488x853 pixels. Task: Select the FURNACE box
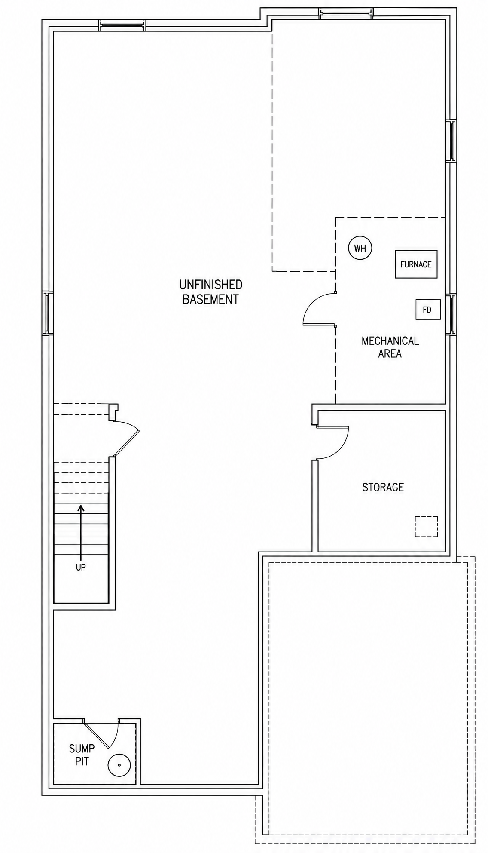[x=416, y=264]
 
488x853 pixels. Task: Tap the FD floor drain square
[x=428, y=310]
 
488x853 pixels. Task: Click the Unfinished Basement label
[x=211, y=292]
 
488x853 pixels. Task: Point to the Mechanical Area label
[x=390, y=347]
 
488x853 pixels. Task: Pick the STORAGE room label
[x=383, y=487]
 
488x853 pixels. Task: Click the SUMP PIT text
[x=82, y=755]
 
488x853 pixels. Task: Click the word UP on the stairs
[x=81, y=567]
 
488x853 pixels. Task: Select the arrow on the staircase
[x=81, y=533]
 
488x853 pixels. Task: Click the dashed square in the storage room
[x=426, y=526]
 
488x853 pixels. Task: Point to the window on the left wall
[x=47, y=313]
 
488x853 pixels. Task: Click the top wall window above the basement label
[x=122, y=25]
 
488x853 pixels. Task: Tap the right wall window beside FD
[x=451, y=313]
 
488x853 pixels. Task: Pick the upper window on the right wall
[x=451, y=141]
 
